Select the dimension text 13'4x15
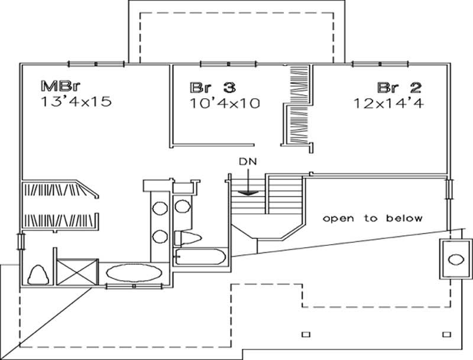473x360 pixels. pos(76,102)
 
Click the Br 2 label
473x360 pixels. pos(400,88)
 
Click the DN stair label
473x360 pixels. pos(248,160)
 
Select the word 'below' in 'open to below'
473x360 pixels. pos(404,218)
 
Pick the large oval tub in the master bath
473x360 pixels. pos(135,274)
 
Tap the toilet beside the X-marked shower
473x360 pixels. pos(37,274)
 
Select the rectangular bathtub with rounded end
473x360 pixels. pos(199,257)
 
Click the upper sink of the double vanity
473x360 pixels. pos(160,208)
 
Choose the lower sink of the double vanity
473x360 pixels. pos(160,236)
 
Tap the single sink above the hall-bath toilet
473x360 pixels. pos(182,207)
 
